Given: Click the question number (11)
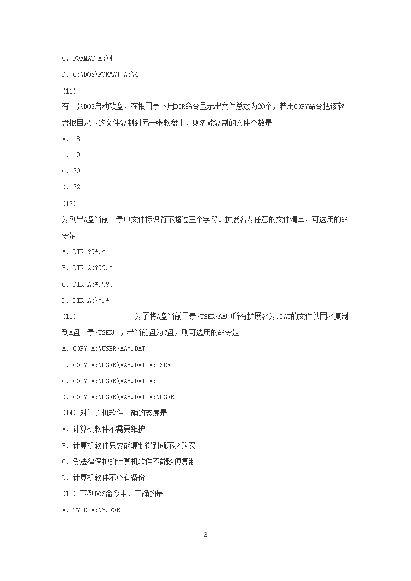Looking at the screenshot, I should click(x=69, y=91).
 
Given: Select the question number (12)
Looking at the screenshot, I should click(x=69, y=203).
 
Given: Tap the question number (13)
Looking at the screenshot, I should click(x=69, y=316).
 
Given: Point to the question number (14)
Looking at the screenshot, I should click(x=69, y=413).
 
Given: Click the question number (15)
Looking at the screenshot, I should click(x=69, y=494).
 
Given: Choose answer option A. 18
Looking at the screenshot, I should click(x=71, y=139).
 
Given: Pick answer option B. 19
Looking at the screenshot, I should click(x=71, y=155).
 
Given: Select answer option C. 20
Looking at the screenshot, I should click(x=71, y=171).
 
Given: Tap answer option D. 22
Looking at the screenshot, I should click(x=71, y=187).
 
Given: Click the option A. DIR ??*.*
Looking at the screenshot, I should click(x=83, y=251).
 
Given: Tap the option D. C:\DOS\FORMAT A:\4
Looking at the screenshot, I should click(x=100, y=75).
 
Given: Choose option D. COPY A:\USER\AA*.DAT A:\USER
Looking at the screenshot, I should click(x=118, y=397).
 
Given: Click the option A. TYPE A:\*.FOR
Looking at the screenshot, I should click(x=91, y=510).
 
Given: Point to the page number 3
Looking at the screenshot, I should click(x=205, y=534).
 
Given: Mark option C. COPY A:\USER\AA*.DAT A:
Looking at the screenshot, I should click(x=109, y=381).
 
